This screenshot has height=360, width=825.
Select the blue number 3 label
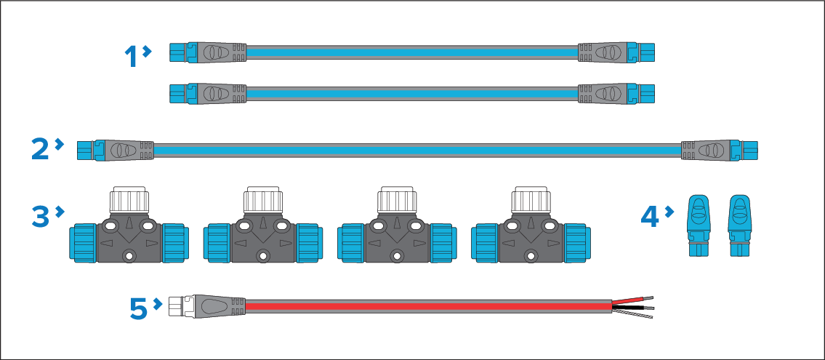42,216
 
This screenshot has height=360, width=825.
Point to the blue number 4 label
651,216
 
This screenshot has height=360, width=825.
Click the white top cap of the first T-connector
128,200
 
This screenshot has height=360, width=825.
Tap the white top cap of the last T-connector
530,200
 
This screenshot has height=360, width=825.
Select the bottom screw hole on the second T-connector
262,255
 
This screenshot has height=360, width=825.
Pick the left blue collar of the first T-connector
81,239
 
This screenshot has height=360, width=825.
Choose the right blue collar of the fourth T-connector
578,239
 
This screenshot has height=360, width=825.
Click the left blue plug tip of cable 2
85,151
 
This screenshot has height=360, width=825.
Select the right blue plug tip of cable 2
750,151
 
